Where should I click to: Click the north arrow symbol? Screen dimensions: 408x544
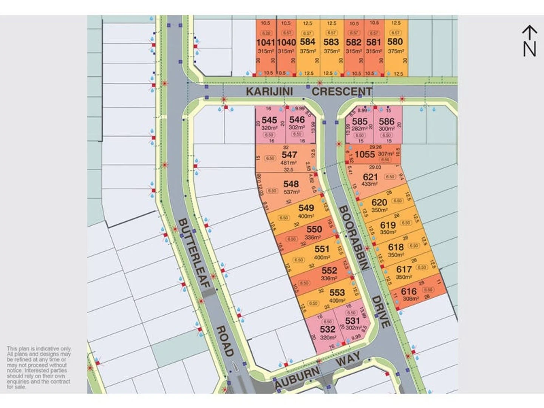[529, 41]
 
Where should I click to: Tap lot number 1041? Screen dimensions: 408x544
[266, 42]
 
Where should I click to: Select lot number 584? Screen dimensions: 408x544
[308, 42]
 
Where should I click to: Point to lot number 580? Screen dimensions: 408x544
[395, 42]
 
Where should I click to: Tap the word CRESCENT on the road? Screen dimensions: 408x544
[342, 91]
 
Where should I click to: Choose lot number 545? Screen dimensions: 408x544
[269, 120]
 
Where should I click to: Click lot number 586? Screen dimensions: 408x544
[386, 121]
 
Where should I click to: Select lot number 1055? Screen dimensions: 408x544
[365, 154]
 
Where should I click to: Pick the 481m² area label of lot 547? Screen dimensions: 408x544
[288, 163]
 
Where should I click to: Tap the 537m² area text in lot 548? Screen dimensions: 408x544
[292, 192]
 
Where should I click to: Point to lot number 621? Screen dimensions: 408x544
[370, 177]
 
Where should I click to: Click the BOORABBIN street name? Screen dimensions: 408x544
[353, 238]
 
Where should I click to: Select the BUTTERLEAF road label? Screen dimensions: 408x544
[194, 253]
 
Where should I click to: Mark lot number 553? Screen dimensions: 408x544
[337, 292]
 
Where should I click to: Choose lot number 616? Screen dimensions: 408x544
[409, 291]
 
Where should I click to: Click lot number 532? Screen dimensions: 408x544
[328, 329]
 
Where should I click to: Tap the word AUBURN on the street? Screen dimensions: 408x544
[297, 377]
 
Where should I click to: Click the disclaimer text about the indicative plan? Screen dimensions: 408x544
[39, 368]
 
